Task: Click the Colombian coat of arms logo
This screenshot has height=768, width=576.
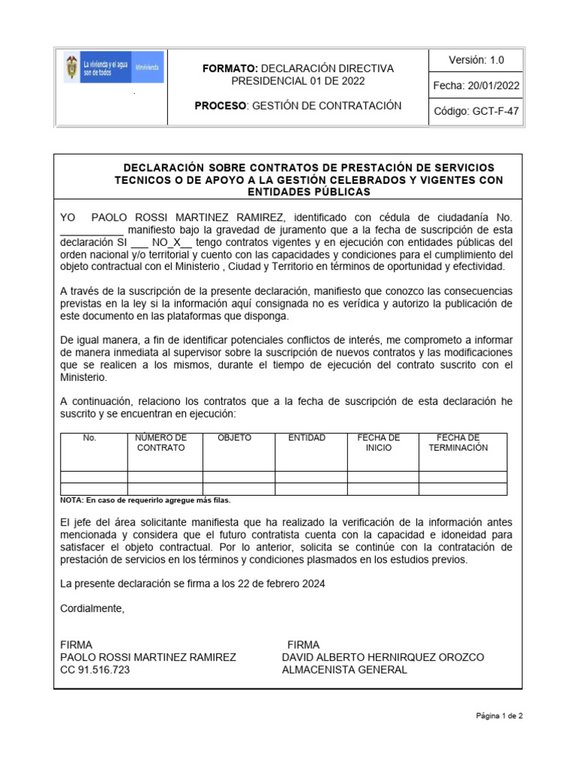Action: point(72,69)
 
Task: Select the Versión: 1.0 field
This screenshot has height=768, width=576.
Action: point(476,60)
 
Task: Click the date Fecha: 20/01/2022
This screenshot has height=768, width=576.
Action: point(476,85)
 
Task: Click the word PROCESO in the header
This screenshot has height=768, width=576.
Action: point(220,106)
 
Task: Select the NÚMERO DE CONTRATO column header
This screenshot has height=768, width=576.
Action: point(160,442)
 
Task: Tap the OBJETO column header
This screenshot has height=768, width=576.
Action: point(234,437)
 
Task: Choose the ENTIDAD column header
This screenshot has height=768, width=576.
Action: point(307,437)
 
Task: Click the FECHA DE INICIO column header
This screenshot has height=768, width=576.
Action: point(379,442)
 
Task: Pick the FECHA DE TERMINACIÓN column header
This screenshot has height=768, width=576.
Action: point(458,442)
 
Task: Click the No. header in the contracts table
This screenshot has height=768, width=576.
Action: point(90,437)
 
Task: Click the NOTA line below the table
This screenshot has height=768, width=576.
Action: point(145,500)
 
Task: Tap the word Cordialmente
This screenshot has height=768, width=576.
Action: point(92,608)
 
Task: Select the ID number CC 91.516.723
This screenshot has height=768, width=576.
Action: point(94,670)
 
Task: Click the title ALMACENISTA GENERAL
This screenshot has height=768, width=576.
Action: point(344,670)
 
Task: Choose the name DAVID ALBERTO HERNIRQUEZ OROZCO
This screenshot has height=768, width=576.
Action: point(382,657)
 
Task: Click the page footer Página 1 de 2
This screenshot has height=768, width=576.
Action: point(499,715)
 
